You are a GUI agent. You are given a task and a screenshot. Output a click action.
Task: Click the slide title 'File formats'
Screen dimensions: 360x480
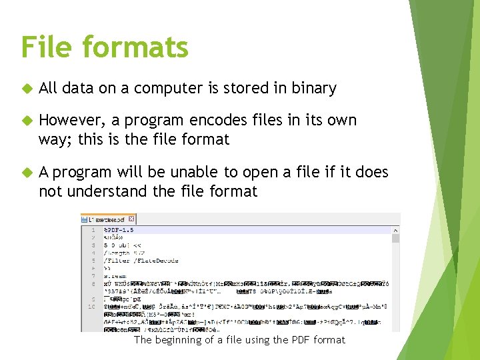point(105,47)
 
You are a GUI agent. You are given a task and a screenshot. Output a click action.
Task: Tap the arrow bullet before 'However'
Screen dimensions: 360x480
point(25,121)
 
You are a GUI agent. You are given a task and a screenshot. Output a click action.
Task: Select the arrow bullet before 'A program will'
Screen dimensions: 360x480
point(25,173)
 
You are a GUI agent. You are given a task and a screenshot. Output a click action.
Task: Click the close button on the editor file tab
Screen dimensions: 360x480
point(131,219)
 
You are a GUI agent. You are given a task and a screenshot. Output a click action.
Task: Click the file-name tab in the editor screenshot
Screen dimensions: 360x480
point(107,219)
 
